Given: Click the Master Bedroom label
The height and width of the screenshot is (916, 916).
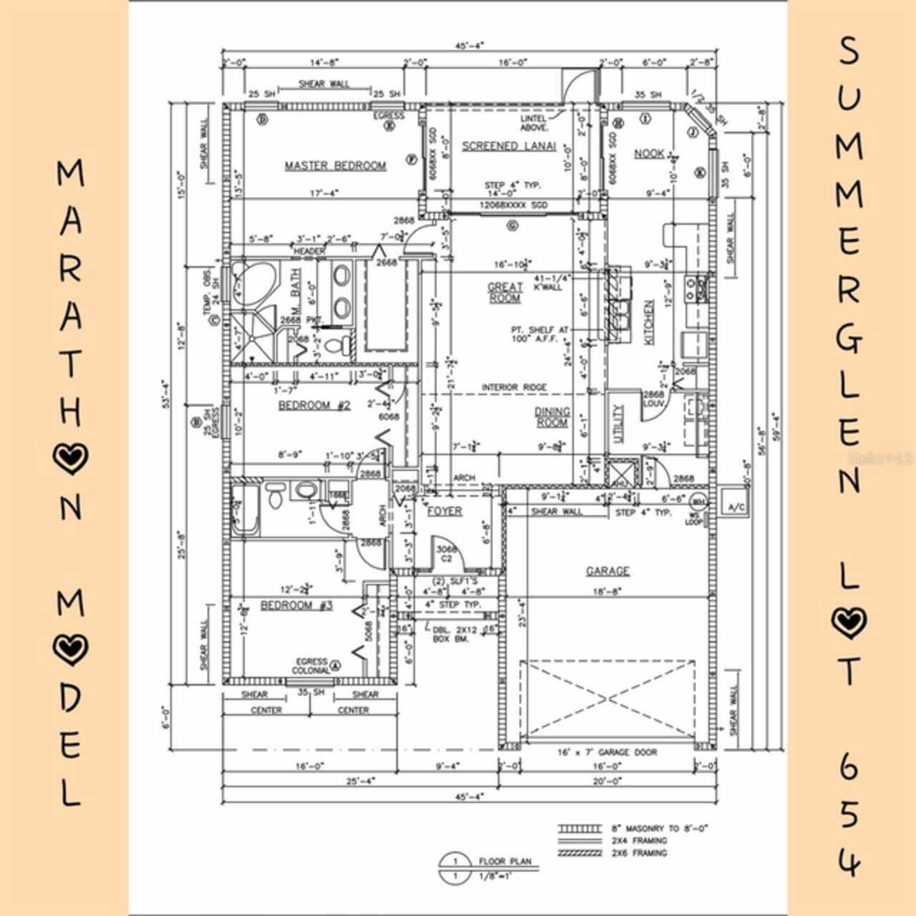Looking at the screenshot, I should pyautogui.click(x=335, y=166).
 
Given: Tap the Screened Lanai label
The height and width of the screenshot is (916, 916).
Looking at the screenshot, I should pyautogui.click(x=509, y=147).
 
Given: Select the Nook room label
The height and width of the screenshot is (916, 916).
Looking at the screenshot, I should pyautogui.click(x=649, y=154).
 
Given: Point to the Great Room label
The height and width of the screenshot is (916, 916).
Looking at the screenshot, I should pyautogui.click(x=505, y=292).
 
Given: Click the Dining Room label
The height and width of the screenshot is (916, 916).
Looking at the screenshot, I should pyautogui.click(x=552, y=417).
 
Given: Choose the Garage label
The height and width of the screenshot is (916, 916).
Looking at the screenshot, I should pyautogui.click(x=608, y=571).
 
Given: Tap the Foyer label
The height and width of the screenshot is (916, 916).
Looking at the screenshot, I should pyautogui.click(x=444, y=511).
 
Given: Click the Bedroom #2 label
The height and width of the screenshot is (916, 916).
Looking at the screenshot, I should pyautogui.click(x=314, y=406).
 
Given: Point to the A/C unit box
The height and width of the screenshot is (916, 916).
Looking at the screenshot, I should pyautogui.click(x=735, y=507).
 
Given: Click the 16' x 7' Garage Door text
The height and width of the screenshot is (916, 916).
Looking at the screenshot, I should pyautogui.click(x=607, y=752).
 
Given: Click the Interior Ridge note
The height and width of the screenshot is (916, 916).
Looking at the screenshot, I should pyautogui.click(x=514, y=388).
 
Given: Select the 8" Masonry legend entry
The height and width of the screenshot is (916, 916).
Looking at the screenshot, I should pyautogui.click(x=659, y=828).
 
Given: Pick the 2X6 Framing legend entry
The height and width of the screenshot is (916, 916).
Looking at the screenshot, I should pyautogui.click(x=639, y=853).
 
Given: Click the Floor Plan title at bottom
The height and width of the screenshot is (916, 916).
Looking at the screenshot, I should pyautogui.click(x=505, y=861).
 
